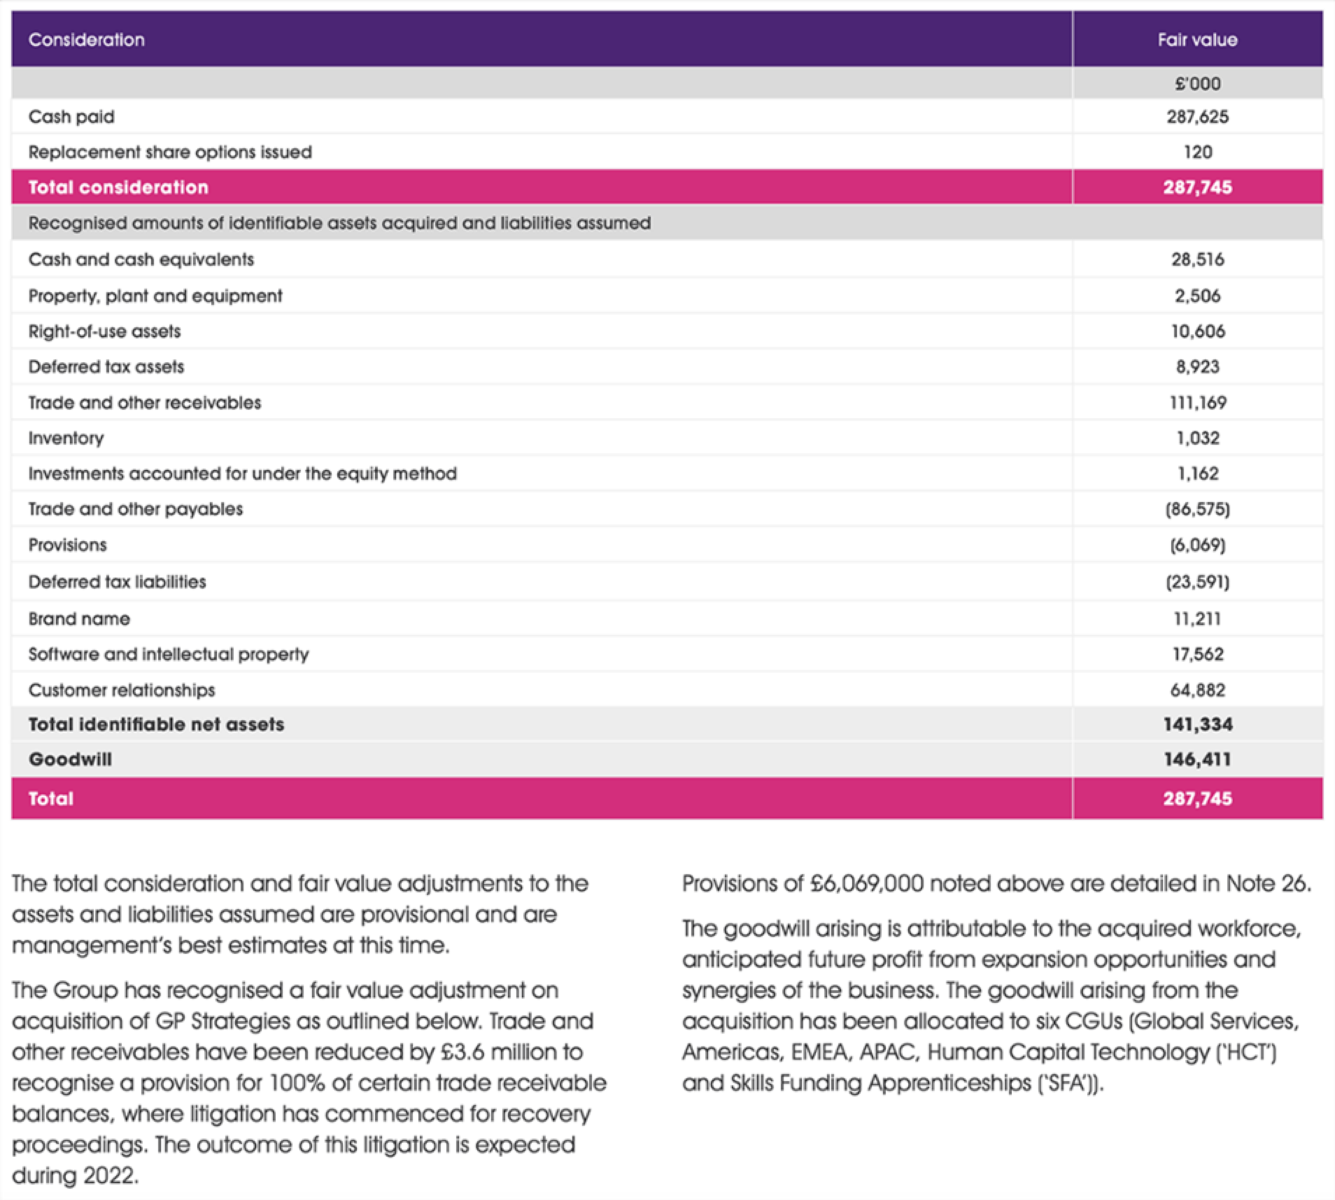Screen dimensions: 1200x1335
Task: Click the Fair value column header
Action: pyautogui.click(x=1197, y=40)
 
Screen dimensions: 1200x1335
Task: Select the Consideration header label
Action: pyautogui.click(x=86, y=40)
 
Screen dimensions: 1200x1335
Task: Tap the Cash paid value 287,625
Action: pyautogui.click(x=1197, y=117)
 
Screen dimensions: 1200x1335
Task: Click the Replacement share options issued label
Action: pyautogui.click(x=170, y=152)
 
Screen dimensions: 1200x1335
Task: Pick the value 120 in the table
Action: pyautogui.click(x=1197, y=152)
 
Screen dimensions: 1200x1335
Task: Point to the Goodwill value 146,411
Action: pyautogui.click(x=1197, y=759)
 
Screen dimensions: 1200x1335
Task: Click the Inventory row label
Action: pyautogui.click(x=66, y=438)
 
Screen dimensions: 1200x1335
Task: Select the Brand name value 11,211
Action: pyautogui.click(x=1197, y=619)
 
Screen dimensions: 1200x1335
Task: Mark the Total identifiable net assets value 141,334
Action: pyautogui.click(x=1197, y=724)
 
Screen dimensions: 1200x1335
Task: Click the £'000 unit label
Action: pyautogui.click(x=1197, y=84)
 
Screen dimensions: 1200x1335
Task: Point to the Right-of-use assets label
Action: pyautogui.click(x=104, y=331)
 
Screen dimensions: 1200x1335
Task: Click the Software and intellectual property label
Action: pyautogui.click(x=168, y=655)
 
